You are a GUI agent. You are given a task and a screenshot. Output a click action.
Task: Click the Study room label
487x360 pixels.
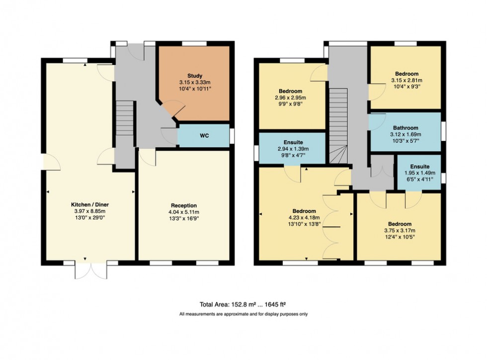point(194,76)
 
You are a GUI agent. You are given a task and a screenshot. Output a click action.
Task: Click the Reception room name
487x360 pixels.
point(184,205)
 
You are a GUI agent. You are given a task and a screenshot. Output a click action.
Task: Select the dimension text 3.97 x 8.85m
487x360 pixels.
point(91,211)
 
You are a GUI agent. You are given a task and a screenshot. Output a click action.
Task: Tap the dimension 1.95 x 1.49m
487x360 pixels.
point(420,173)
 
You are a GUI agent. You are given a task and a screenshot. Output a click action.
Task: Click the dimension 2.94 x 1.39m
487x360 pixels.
point(293,148)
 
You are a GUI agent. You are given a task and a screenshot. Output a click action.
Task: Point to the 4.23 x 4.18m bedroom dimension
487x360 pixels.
point(304,217)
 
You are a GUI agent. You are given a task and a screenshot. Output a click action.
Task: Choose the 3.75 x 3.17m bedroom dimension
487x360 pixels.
point(400,230)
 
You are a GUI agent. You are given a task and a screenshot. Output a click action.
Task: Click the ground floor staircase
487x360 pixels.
point(125,124)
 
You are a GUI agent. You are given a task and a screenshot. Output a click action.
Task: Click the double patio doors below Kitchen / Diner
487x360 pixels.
point(90,270)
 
